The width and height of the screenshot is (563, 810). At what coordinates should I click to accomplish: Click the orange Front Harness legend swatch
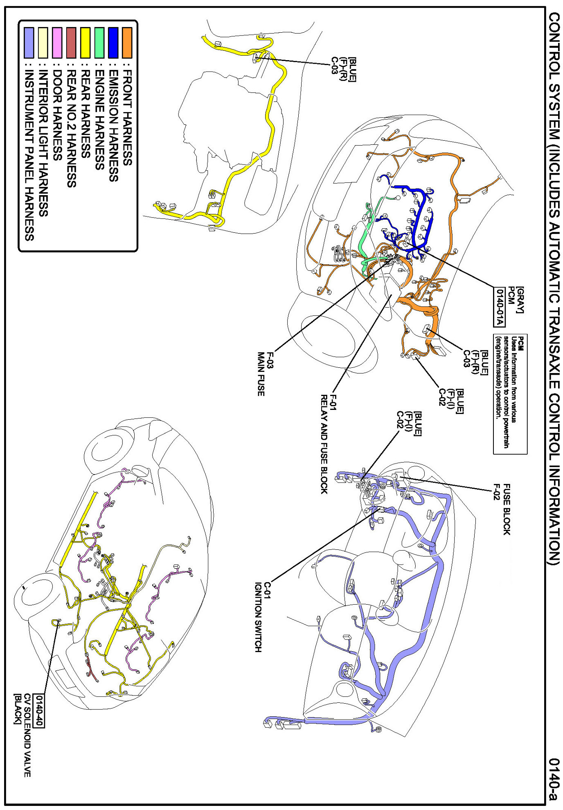click(127, 43)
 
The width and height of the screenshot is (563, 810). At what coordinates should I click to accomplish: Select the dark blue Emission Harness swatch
click(113, 43)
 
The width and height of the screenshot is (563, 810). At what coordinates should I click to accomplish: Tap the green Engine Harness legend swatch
click(99, 43)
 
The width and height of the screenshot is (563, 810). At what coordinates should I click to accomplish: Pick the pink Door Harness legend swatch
click(57, 43)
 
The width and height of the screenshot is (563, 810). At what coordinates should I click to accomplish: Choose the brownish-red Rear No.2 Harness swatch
click(71, 43)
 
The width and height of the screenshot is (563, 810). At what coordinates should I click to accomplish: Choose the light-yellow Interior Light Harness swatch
click(43, 43)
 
